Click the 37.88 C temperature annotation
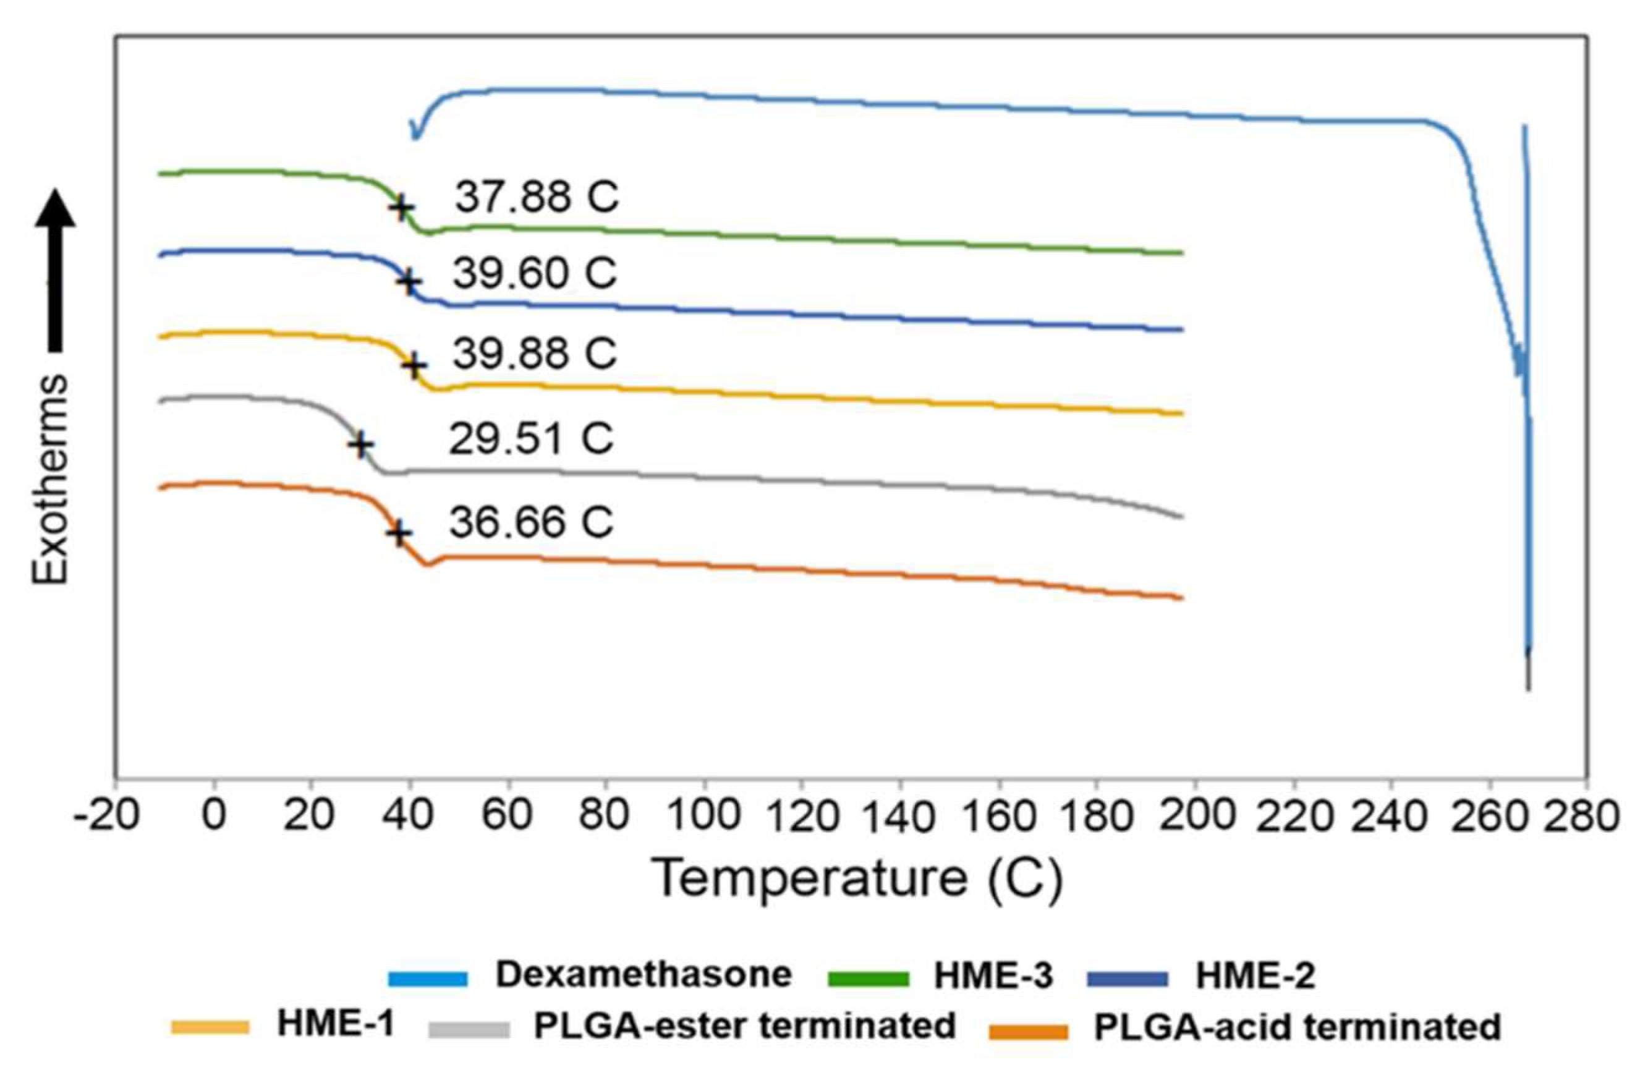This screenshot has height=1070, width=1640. point(537,198)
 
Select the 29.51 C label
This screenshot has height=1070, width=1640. point(530,439)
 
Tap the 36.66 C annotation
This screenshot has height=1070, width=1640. point(531,522)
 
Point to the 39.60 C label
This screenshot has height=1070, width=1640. point(534,274)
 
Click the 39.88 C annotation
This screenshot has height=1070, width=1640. point(534,354)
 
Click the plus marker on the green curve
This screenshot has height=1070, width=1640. point(401,206)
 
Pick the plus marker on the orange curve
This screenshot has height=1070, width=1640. point(398,533)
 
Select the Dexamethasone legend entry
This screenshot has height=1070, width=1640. point(644,975)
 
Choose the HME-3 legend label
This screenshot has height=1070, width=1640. point(993,975)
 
